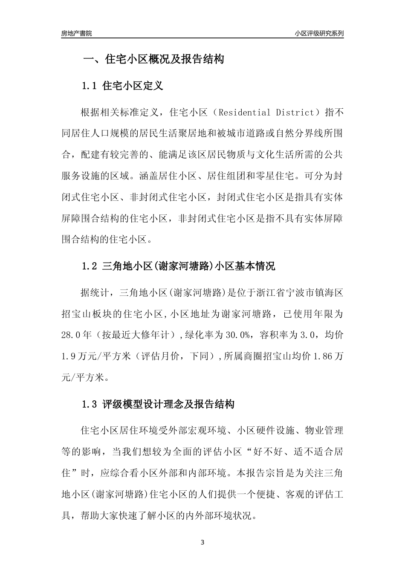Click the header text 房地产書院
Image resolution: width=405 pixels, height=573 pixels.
point(76,33)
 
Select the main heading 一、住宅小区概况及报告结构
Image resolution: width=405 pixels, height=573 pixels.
point(153,59)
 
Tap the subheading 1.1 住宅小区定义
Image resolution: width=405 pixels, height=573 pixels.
point(122,86)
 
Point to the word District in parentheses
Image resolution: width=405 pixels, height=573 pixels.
point(295,113)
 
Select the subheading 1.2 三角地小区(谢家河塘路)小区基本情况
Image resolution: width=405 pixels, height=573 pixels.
point(178,266)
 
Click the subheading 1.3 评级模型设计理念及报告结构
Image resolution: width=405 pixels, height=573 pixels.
point(158,404)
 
